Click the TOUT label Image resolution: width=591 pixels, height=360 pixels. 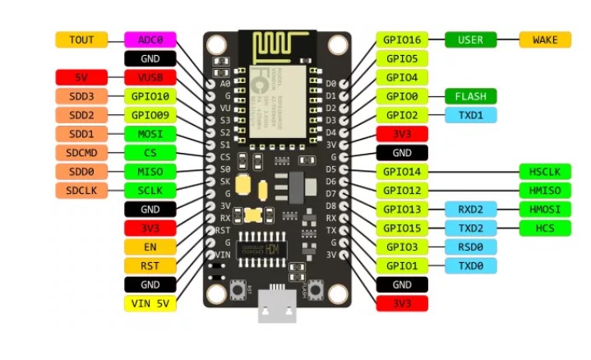(x=81, y=39)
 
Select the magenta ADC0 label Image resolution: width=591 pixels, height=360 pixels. (x=150, y=39)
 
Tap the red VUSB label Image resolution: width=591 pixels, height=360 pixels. (x=150, y=78)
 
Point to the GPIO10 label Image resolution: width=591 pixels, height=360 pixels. (x=150, y=96)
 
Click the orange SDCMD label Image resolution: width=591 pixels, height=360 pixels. (x=81, y=153)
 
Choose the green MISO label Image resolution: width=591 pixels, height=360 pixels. (x=150, y=172)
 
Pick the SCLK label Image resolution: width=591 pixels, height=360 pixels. (x=150, y=191)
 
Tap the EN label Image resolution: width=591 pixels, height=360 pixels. (x=150, y=247)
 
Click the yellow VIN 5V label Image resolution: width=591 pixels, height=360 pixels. (x=150, y=303)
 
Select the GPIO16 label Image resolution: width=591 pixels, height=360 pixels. (x=402, y=39)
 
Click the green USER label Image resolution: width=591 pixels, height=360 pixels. (x=471, y=39)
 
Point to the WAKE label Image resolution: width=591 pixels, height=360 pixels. (x=545, y=39)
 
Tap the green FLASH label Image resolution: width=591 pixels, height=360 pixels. (x=471, y=96)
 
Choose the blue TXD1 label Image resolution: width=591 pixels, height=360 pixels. (x=471, y=115)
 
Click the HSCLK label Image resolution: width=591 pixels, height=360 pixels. (x=545, y=172)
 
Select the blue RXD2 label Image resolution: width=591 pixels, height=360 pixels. (x=471, y=210)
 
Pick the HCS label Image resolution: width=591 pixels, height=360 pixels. (x=545, y=228)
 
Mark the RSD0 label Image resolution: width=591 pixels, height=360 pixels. (x=471, y=247)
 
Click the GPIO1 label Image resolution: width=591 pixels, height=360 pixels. (x=402, y=265)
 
